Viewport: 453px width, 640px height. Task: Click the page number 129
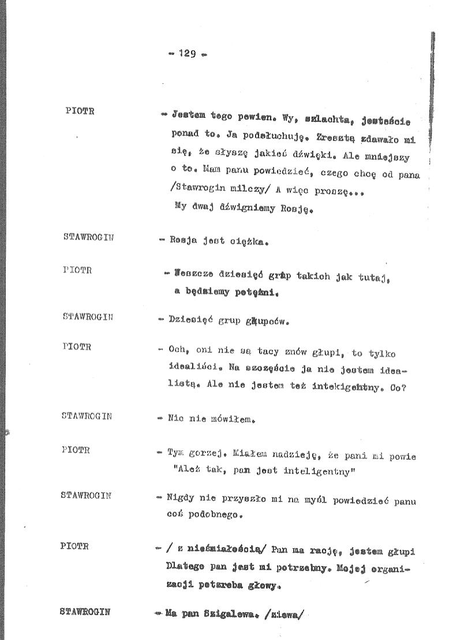click(187, 54)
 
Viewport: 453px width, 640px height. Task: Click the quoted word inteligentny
click(318, 471)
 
